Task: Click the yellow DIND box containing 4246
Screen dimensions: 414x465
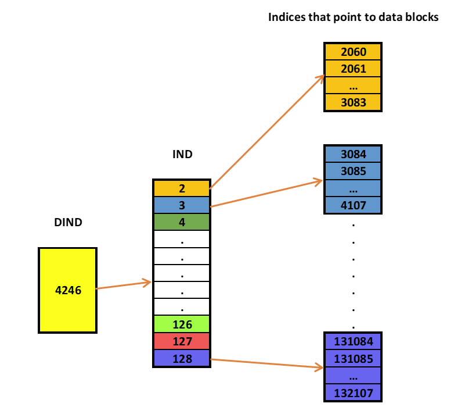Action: click(67, 290)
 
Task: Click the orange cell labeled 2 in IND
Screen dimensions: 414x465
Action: click(181, 188)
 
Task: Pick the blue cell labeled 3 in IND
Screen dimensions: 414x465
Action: click(181, 205)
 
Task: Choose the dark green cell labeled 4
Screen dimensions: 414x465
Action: click(181, 222)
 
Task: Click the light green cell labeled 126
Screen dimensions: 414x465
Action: click(181, 324)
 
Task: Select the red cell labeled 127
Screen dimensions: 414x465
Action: click(181, 342)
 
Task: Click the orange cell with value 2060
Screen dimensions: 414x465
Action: click(353, 52)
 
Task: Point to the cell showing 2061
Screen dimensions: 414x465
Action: click(353, 69)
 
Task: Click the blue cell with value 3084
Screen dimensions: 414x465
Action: click(353, 154)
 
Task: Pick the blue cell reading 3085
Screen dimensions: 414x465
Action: click(353, 172)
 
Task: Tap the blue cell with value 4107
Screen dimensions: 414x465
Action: click(353, 205)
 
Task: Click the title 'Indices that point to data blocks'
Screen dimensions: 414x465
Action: click(352, 17)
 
